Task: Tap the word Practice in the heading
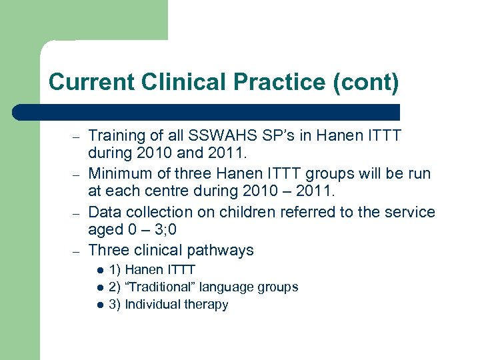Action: (259, 82)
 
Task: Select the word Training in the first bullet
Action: (116, 135)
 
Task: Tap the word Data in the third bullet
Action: (104, 212)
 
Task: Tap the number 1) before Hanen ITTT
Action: (115, 270)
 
